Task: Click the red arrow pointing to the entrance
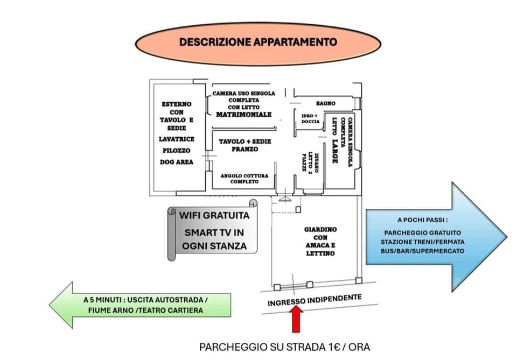[x=295, y=319]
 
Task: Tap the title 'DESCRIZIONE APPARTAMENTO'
[x=258, y=42]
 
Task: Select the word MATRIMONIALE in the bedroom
[x=243, y=115]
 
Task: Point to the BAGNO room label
[x=325, y=103]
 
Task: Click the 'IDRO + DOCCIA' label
[x=310, y=118]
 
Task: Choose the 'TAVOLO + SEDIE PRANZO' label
[x=244, y=145]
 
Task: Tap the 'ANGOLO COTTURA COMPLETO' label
[x=244, y=179]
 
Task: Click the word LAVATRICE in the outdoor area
[x=177, y=139]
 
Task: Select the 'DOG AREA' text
[x=177, y=162]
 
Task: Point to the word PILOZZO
[x=177, y=151]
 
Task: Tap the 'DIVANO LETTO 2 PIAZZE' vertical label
[x=311, y=162]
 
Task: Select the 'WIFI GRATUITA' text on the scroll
[x=214, y=216]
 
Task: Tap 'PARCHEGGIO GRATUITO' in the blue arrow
[x=422, y=233]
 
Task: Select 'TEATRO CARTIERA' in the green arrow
[x=177, y=310]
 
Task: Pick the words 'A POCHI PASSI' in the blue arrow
[x=422, y=220]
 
